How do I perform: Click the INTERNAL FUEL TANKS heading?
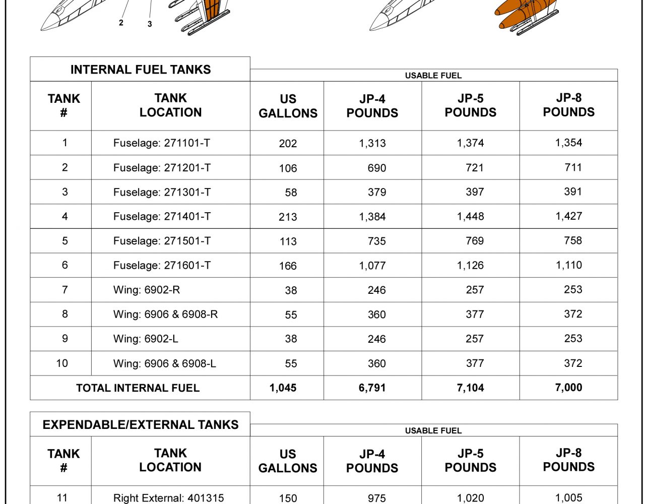pos(140,70)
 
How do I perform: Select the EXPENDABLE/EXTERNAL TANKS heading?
pos(140,424)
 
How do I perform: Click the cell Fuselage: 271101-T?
pos(162,143)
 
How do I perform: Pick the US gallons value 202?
pos(288,144)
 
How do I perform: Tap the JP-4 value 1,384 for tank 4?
pos(372,217)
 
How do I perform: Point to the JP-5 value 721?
pos(475,168)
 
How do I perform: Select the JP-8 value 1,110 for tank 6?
pos(569,265)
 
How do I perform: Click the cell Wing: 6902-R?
pos(147,290)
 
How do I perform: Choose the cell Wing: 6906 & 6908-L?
pos(165,363)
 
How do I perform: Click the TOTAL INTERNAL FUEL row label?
pos(138,388)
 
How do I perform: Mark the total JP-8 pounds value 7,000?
pos(568,388)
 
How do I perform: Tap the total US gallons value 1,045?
pos(283,388)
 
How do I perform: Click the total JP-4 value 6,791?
pos(372,388)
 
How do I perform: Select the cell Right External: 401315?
pos(168,498)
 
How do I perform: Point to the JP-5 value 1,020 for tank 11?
pos(470,498)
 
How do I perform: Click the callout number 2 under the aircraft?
pos(121,23)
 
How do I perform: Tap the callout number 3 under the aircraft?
pos(150,24)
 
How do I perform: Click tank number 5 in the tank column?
pos(64,241)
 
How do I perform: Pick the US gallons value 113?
pos(288,241)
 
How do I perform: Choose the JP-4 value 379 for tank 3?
pos(377,193)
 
